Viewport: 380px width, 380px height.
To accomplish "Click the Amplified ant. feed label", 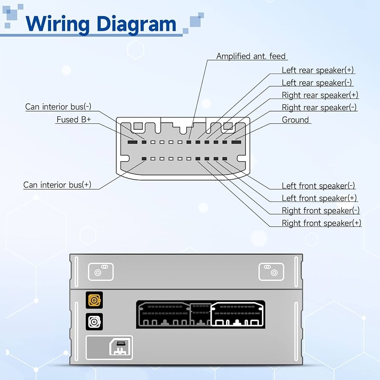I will (251, 56).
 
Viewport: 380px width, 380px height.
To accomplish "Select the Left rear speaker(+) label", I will (318, 70).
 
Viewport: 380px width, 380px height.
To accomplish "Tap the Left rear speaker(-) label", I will (317, 82).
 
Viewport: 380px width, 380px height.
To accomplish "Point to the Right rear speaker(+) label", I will (320, 95).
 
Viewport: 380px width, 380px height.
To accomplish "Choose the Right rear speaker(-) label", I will (319, 108).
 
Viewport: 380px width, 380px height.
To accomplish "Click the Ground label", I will (295, 120).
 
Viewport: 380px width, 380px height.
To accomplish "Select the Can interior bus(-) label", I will (58, 107).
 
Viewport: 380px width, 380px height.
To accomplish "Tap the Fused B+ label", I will (74, 119).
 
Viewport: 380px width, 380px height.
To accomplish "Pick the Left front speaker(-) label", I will (318, 186).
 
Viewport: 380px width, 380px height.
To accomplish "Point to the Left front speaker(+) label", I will (319, 198).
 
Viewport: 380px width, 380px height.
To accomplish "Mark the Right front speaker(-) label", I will (320, 210).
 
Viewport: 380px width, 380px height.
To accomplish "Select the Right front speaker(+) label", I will (321, 223).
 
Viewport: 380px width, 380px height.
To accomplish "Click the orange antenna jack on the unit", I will (94, 301).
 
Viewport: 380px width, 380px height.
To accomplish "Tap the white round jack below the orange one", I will (94, 322).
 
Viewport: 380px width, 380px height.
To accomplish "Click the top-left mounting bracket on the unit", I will (101, 272).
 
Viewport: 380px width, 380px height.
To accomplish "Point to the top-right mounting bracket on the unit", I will (271, 272).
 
